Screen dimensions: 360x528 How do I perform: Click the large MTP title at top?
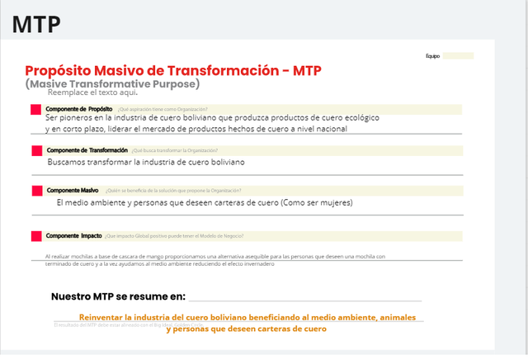click(36, 23)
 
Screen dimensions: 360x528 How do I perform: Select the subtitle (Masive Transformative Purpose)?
click(112, 83)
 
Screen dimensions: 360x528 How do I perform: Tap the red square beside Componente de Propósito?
click(35, 110)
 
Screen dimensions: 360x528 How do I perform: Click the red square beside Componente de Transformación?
click(35, 150)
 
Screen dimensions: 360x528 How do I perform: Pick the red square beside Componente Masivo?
click(35, 191)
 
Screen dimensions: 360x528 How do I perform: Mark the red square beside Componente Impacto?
click(35, 236)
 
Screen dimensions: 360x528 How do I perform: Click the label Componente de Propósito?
click(80, 109)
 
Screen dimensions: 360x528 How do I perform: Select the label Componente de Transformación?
click(87, 150)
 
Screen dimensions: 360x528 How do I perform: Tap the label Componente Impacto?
click(74, 236)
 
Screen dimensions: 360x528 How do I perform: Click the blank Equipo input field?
click(458, 56)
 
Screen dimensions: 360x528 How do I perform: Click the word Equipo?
click(433, 56)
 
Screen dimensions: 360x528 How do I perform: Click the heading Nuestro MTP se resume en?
click(118, 296)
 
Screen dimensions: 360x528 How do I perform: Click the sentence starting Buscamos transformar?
click(146, 162)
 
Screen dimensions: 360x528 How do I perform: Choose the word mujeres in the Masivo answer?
click(333, 202)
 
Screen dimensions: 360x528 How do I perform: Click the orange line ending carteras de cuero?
click(246, 329)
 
